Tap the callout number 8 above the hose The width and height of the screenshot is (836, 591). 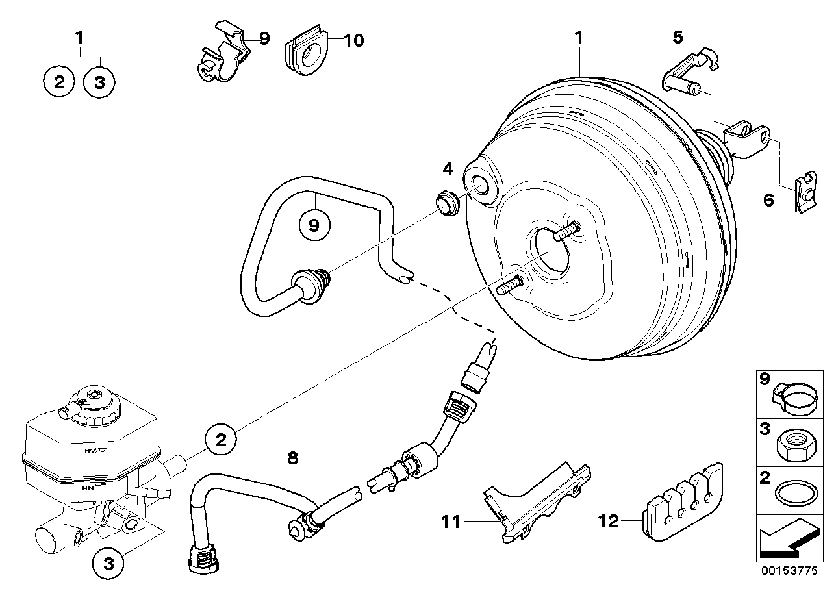(293, 458)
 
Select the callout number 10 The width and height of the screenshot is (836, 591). (353, 40)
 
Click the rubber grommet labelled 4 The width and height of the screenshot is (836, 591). (447, 204)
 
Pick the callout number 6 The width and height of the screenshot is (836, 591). (768, 200)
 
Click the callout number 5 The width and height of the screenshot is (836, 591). (677, 38)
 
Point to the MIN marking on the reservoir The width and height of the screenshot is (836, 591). (88, 486)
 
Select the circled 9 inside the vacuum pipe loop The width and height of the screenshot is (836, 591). (314, 225)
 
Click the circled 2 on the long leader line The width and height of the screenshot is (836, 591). (221, 441)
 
